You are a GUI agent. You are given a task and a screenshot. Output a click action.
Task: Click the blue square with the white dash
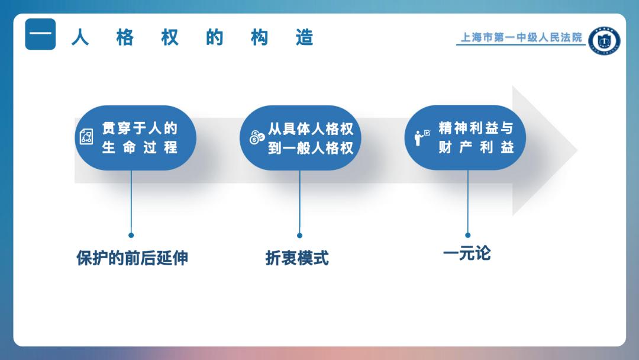[x=40, y=34]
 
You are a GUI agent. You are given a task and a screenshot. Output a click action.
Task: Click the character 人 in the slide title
[x=80, y=37]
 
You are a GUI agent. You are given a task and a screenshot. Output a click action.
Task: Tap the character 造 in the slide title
[x=305, y=37]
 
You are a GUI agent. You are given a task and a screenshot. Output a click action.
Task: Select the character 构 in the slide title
[x=259, y=37]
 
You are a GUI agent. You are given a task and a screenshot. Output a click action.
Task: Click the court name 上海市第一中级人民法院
[x=521, y=37]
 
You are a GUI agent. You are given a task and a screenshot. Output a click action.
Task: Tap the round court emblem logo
[x=604, y=41]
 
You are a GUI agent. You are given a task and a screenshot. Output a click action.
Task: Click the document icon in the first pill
[x=86, y=137]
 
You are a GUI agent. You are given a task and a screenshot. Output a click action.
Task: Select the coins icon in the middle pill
[x=257, y=137]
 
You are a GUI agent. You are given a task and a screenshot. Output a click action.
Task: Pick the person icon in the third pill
[x=422, y=137]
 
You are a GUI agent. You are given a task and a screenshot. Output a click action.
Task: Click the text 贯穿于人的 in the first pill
[x=140, y=128]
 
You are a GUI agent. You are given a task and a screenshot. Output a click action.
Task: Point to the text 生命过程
[x=140, y=147]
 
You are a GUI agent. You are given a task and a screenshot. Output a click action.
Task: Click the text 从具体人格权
[x=311, y=129]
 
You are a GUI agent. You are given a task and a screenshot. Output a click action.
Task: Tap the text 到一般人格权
[x=311, y=148]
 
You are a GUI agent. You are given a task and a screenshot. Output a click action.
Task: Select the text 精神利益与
[x=476, y=128]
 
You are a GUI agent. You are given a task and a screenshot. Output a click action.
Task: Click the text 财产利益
[x=476, y=147]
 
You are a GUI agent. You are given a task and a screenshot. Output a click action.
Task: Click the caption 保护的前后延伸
[x=132, y=258]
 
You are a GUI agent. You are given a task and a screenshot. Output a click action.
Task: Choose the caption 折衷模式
[x=297, y=258]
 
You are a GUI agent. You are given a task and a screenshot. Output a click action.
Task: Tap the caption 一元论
[x=467, y=253]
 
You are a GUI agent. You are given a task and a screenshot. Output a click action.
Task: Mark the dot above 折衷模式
[x=299, y=235]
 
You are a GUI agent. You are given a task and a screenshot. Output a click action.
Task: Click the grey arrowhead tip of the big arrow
[x=577, y=150]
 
